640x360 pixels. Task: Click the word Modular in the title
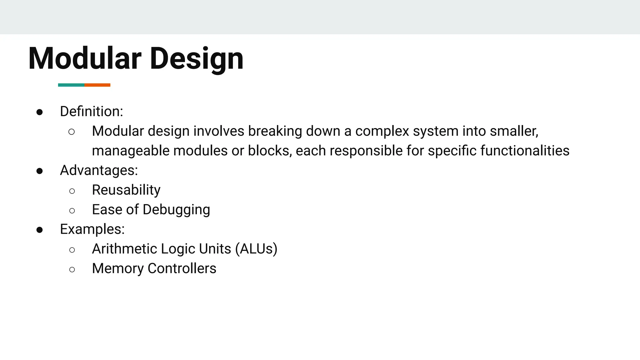tap(85, 59)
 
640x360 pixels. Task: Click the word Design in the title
tap(197, 59)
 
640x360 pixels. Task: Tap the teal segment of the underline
tap(71, 85)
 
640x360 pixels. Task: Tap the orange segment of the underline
tap(97, 85)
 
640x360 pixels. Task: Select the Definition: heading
tap(92, 112)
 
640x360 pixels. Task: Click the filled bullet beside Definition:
tap(39, 112)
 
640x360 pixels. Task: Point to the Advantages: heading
tap(99, 170)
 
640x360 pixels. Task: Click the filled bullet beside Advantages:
tap(39, 171)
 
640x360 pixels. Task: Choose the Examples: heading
tap(92, 229)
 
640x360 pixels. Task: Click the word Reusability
tap(126, 190)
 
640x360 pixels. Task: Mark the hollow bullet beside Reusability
tap(72, 191)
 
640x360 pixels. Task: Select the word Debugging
tap(176, 210)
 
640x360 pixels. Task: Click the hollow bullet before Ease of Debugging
tap(72, 211)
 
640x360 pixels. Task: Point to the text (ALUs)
tap(256, 249)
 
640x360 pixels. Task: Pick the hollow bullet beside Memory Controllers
tap(72, 269)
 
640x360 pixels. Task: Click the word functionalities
tap(525, 151)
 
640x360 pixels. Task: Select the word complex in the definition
tap(382, 131)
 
